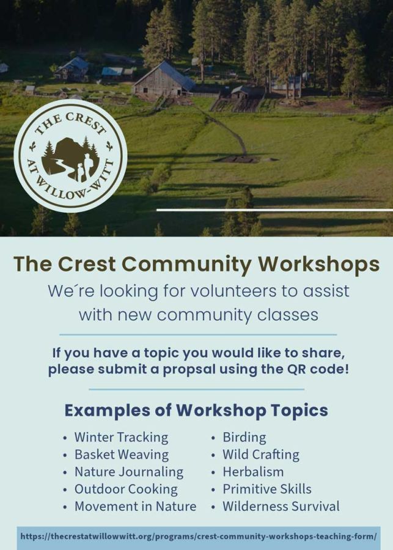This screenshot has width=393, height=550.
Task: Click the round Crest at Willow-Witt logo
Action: [x=70, y=155]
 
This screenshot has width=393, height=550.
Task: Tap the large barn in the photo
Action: [x=164, y=79]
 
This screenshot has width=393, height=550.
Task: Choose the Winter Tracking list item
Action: [x=121, y=438]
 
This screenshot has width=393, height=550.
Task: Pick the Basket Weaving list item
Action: [x=122, y=455]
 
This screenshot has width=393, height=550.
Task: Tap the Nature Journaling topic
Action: [x=129, y=472]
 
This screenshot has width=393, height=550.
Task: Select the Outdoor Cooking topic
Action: [x=126, y=490]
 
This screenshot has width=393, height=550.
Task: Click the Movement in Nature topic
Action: [x=136, y=506]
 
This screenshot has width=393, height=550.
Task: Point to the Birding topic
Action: [x=244, y=438]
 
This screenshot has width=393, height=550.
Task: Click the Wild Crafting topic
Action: [x=261, y=455]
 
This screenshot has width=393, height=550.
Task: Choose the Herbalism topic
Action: [x=253, y=472]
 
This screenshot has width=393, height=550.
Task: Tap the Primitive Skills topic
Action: [x=267, y=489]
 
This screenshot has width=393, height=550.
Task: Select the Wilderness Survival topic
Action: [x=281, y=506]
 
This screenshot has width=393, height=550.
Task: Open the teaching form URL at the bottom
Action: [x=199, y=537]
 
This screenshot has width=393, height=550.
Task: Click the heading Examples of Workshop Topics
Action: [x=196, y=410]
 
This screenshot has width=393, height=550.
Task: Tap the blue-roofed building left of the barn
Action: [x=112, y=72]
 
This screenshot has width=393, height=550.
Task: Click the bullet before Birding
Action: [x=213, y=438]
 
